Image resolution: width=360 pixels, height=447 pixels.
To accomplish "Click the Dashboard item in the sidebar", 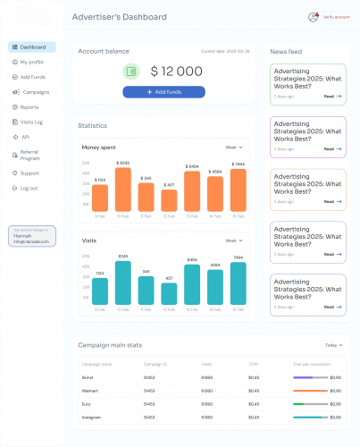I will pyautogui.click(x=32, y=47).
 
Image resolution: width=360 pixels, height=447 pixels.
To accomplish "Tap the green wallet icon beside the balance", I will pyautogui.click(x=132, y=71).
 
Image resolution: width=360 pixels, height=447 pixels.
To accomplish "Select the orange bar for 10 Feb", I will pyautogui.click(x=123, y=190).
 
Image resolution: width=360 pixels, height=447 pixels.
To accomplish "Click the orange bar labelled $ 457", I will pyautogui.click(x=169, y=200).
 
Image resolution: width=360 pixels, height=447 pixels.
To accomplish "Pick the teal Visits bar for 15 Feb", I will pyautogui.click(x=238, y=283).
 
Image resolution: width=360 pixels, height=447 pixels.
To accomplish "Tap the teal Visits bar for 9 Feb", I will pyautogui.click(x=100, y=291).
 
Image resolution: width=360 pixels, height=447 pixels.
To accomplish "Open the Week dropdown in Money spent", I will pyautogui.click(x=233, y=147).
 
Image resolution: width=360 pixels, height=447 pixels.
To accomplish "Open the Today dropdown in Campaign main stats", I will pyautogui.click(x=332, y=345).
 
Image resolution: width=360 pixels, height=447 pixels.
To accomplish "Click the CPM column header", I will pyautogui.click(x=255, y=364).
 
